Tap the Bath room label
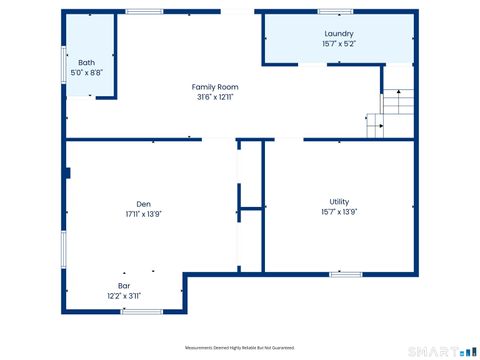(x=88, y=62)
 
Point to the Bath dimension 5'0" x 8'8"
(x=88, y=73)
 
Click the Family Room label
(x=215, y=87)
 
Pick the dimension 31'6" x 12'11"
(x=215, y=98)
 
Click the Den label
(x=144, y=203)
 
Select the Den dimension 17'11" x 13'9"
(x=144, y=214)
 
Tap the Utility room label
(x=339, y=201)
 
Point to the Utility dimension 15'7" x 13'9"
(x=339, y=212)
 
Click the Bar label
(x=124, y=285)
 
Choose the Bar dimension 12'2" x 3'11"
(x=124, y=296)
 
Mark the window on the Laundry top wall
(x=335, y=12)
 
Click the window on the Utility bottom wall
(x=346, y=273)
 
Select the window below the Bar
(x=140, y=312)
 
